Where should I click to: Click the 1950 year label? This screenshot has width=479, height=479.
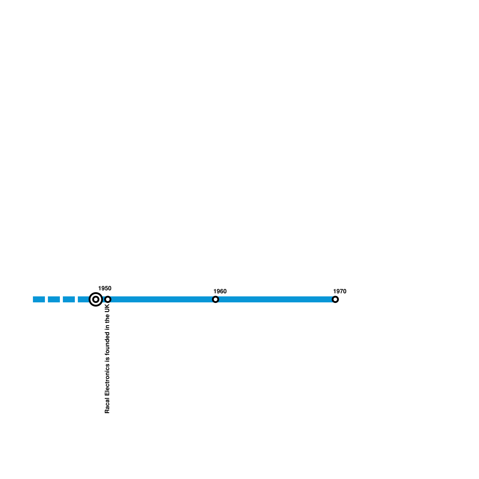tap(104, 288)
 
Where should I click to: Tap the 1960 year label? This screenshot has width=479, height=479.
tap(220, 291)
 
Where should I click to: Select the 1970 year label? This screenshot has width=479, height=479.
tap(339, 291)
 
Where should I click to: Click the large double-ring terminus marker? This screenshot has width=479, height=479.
tap(96, 299)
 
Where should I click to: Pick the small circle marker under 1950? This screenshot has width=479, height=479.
tap(108, 299)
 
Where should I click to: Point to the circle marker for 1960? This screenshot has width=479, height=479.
tap(216, 299)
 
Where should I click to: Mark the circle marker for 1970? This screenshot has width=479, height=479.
tap(335, 299)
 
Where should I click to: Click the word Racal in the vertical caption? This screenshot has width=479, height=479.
tap(107, 405)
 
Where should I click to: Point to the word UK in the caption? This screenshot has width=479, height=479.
tap(107, 309)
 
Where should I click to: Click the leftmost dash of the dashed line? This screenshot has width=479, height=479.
tap(39, 299)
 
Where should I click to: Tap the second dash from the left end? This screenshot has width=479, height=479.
tap(54, 299)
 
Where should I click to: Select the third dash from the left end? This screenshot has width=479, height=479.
tap(69, 299)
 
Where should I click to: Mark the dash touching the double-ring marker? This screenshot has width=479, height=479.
tap(83, 299)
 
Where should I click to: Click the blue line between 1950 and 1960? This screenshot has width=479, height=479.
tap(162, 299)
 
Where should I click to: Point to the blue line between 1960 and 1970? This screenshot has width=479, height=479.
tap(275, 299)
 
